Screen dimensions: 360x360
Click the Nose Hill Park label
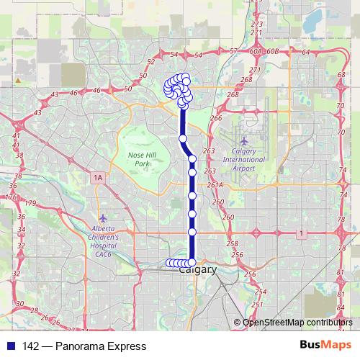pyautogui.click(x=147, y=159)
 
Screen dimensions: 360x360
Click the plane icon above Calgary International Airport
pyautogui.click(x=244, y=140)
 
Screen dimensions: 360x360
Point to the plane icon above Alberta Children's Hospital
pyautogui.click(x=104, y=217)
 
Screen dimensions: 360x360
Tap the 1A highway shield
pyautogui.click(x=98, y=176)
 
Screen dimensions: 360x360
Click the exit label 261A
pyautogui.click(x=215, y=185)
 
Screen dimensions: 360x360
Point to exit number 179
pyautogui.click(x=30, y=204)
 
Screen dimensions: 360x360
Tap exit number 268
pyautogui.click(x=232, y=94)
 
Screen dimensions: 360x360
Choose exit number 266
pyautogui.click(x=215, y=118)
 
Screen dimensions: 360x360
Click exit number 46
pyautogui.click(x=97, y=91)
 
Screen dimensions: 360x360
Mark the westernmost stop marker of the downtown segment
pyautogui.click(x=168, y=263)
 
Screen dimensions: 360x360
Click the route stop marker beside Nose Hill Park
pyautogui.click(x=183, y=138)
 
